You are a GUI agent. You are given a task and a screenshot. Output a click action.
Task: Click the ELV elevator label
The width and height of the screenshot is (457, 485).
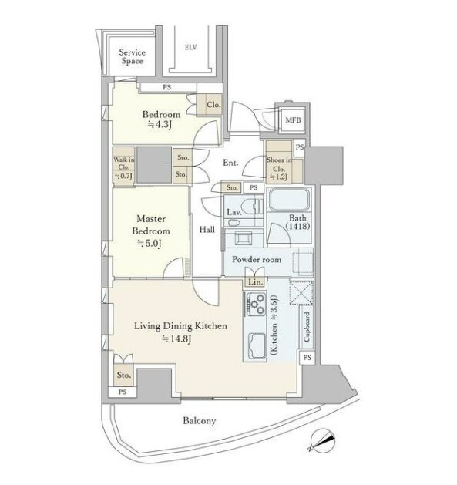pos(190,47)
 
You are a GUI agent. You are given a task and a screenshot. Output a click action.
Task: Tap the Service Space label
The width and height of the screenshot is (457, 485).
pos(132,56)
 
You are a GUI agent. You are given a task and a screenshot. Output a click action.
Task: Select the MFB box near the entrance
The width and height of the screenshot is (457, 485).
pos(293,120)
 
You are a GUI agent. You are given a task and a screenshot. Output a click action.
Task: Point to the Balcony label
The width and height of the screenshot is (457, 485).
pos(200,421)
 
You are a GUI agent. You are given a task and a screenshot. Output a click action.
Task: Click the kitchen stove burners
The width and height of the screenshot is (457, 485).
pos(257,304)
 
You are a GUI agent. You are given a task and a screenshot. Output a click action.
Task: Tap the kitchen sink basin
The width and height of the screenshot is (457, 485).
pos(257,345)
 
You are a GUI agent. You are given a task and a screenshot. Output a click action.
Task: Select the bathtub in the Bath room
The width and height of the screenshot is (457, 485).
pos(289,200)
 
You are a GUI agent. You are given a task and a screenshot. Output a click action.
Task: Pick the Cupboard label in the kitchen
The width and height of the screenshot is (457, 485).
pos(307,327)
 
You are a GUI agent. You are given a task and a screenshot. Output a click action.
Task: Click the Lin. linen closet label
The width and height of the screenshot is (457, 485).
pos(255,282)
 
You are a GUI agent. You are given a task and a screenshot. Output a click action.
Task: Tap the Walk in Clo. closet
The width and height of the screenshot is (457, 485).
pos(123,167)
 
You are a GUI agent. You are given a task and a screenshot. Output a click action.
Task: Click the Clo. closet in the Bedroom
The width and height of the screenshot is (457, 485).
pos(210,105)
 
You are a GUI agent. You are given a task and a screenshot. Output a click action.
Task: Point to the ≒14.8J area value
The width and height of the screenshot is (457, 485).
pos(176,339)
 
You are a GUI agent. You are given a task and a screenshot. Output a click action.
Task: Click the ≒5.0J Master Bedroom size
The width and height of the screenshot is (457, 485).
pos(150,244)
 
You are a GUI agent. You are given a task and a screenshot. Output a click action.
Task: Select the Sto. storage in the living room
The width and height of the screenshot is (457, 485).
pos(123,375)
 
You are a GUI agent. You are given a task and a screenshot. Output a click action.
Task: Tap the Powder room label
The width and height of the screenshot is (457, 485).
pos(257,260)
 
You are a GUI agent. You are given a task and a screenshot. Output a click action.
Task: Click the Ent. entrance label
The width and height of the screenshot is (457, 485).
pos(230,163)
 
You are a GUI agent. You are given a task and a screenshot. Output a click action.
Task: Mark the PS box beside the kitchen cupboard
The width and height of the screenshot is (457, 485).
pos(307,358)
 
